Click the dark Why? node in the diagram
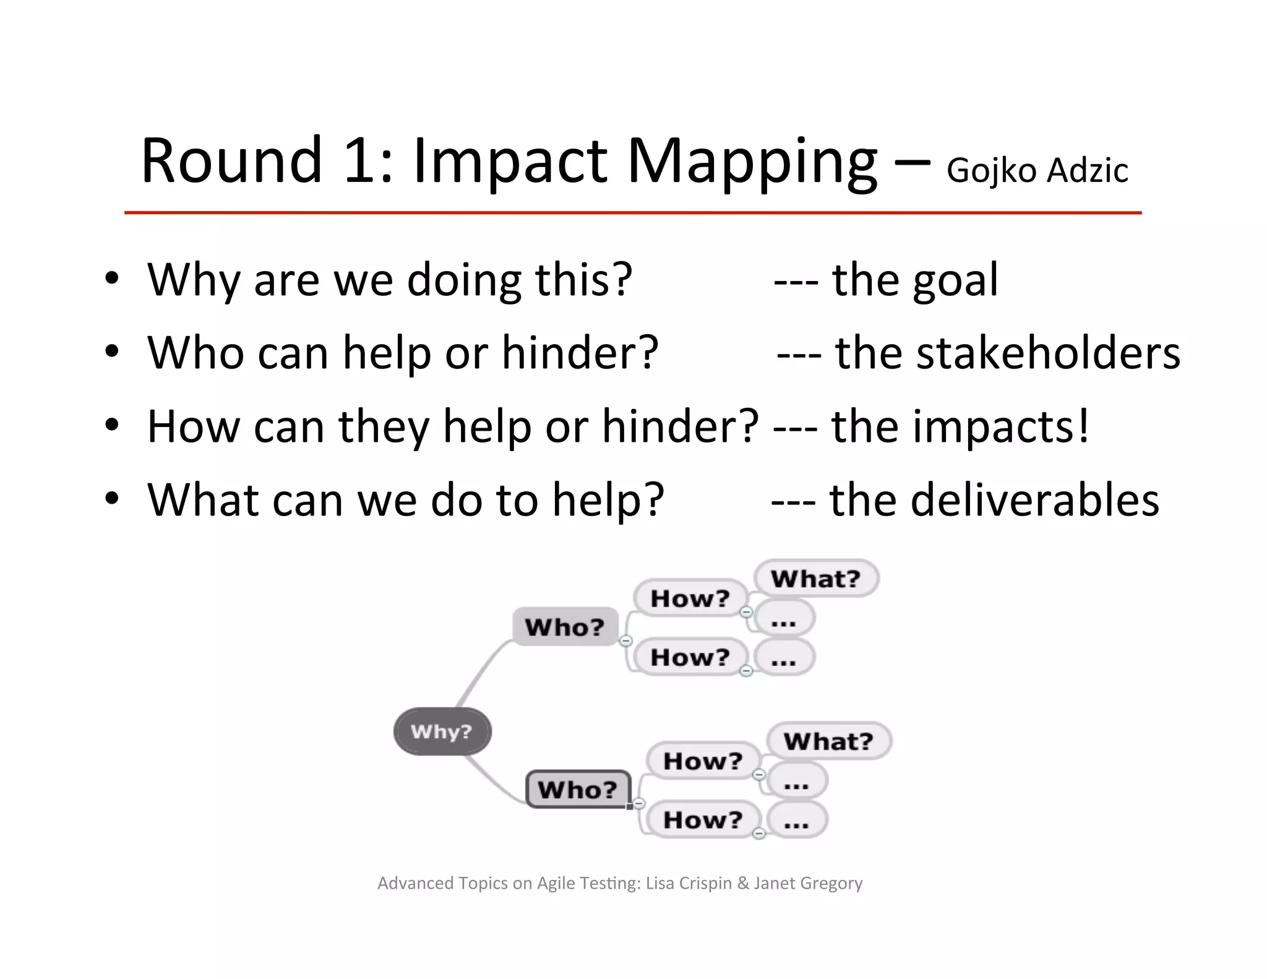pos(442,731)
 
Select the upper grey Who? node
pos(565,627)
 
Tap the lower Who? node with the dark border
pos(578,790)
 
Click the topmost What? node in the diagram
pos(816,579)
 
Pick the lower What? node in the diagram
pos(828,741)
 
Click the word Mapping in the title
pos(752,162)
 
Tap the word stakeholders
pos(1048,353)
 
